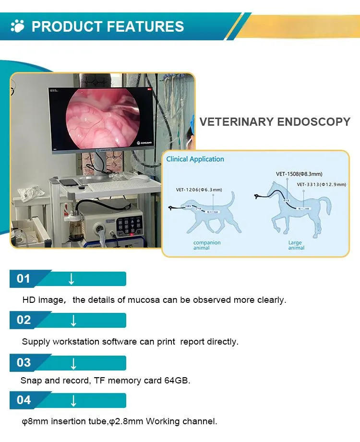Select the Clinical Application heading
pyautogui.click(x=195, y=159)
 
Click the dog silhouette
pyautogui.click(x=216, y=214)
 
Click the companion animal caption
pyautogui.click(x=206, y=245)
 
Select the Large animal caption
pyautogui.click(x=296, y=245)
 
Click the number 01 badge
pyautogui.click(x=24, y=279)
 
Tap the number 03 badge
pyautogui.click(x=24, y=363)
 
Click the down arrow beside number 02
pyautogui.click(x=73, y=321)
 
